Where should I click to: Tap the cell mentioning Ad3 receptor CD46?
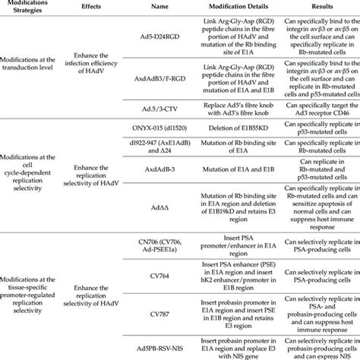pyautogui.click(x=318, y=107)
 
